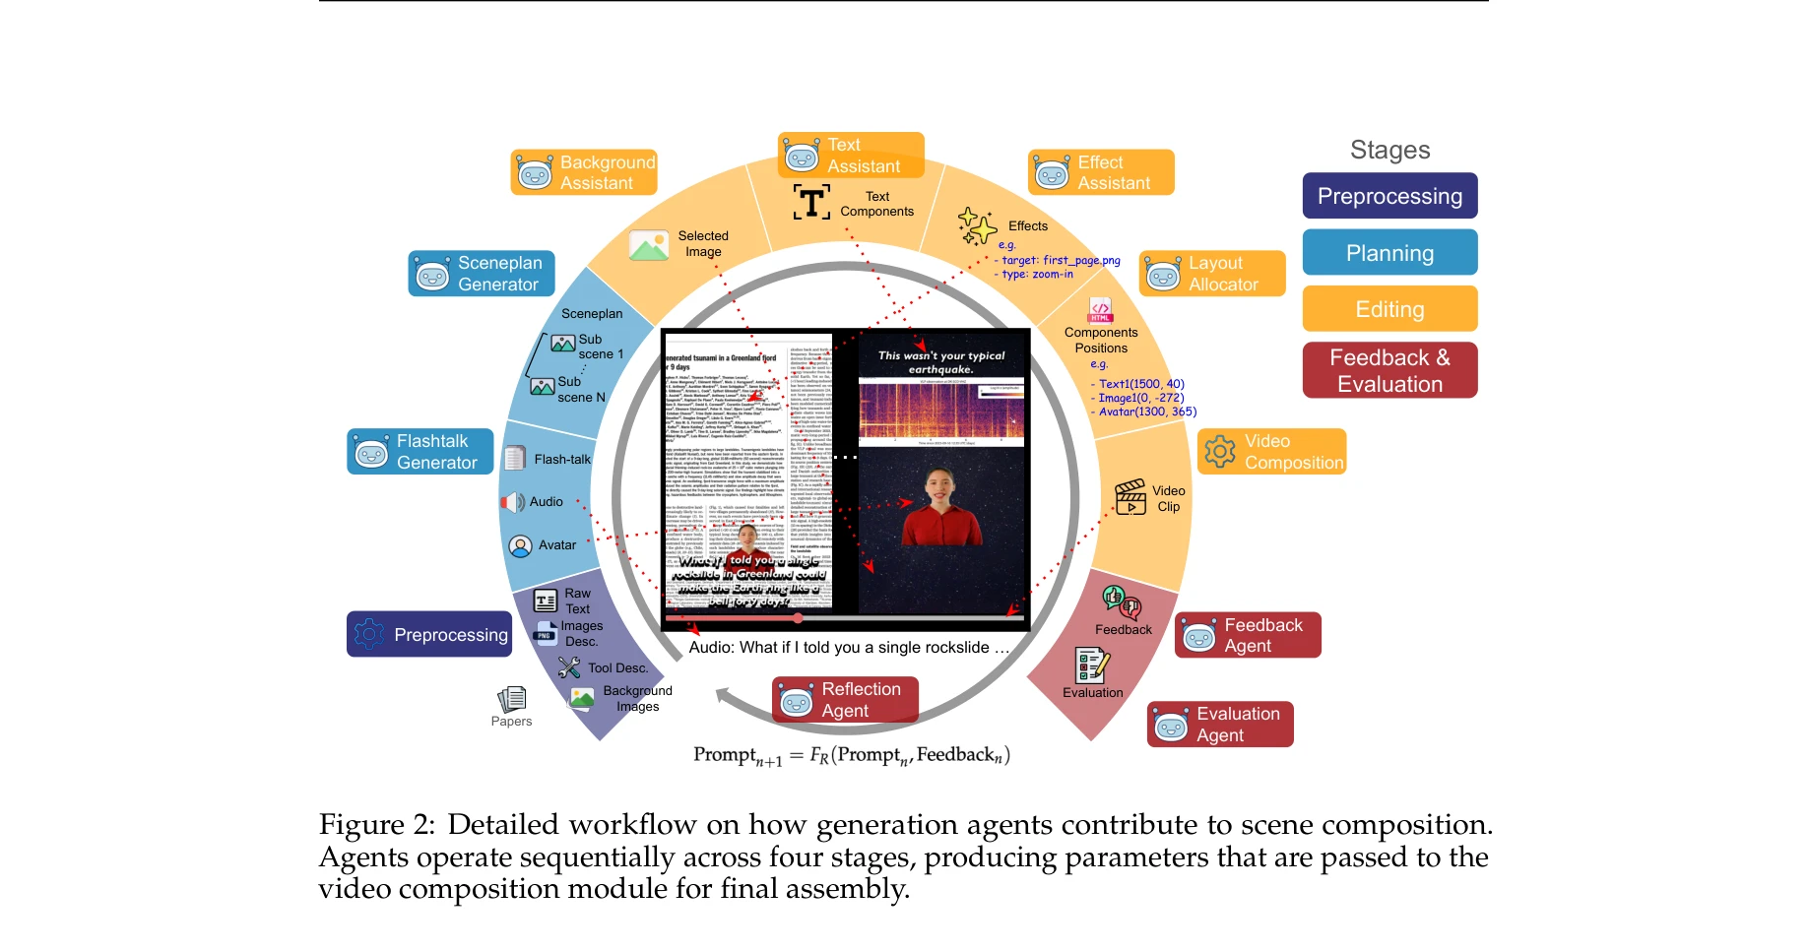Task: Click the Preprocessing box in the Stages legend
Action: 1388,196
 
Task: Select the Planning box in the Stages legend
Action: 1388,253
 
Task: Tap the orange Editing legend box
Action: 1388,309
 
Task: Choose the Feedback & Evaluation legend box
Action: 1388,370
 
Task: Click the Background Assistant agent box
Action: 584,172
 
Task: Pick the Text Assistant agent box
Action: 851,156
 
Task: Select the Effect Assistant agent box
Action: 1101,172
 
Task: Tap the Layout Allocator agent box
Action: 1212,274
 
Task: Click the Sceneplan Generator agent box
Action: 482,274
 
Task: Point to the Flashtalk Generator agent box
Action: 420,452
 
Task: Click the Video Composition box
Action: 1271,452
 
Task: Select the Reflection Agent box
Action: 845,700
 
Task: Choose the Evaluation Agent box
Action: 1220,725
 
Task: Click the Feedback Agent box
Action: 1248,635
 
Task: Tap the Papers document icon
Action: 512,699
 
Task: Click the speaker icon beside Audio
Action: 513,502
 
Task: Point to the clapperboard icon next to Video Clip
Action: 1130,497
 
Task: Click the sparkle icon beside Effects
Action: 977,226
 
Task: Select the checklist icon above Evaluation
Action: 1092,666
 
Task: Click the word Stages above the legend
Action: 1389,150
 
